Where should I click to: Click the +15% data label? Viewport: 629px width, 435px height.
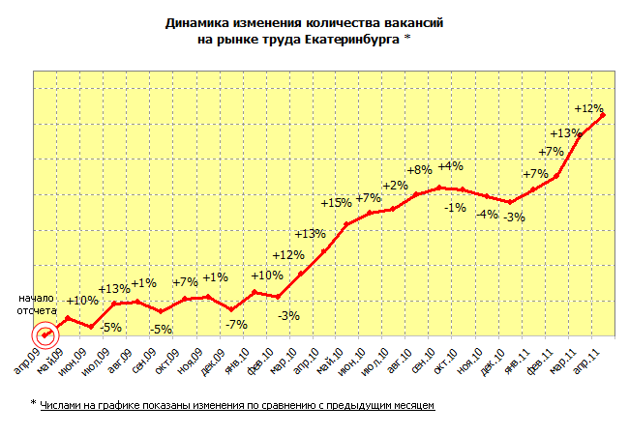click(336, 203)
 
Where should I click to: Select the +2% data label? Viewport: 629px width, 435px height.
click(395, 186)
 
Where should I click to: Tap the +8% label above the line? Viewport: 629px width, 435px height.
click(419, 170)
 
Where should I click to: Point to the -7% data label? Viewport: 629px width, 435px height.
click(235, 324)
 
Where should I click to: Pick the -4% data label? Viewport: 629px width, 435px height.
click(487, 214)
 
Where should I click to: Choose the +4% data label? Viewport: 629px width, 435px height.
click(450, 166)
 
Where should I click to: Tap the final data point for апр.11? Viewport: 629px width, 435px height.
click(603, 116)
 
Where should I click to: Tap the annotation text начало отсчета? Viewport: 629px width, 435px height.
click(36, 304)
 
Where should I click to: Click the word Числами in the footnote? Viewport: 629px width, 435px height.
click(63, 403)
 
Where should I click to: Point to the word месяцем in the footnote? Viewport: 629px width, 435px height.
click(411, 403)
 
